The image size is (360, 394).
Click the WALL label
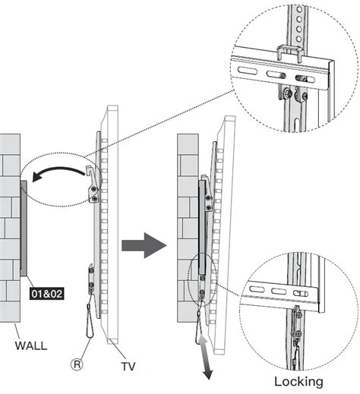[x=31, y=345]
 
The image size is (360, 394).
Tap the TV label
[x=128, y=366]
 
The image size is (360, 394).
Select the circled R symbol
[x=77, y=364]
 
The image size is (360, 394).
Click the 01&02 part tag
[x=47, y=294]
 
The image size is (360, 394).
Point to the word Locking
[x=298, y=381]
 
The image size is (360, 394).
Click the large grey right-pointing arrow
[x=144, y=245]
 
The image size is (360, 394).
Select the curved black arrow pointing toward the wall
[x=58, y=173]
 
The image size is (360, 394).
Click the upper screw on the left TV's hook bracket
[x=94, y=189]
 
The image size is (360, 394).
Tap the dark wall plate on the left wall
[x=24, y=229]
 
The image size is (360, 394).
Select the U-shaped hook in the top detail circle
[x=290, y=52]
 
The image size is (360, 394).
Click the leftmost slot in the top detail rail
[x=247, y=71]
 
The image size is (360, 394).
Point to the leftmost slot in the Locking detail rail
[x=257, y=289]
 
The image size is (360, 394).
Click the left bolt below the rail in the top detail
[x=287, y=93]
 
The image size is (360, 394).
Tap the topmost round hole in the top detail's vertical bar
[x=299, y=10]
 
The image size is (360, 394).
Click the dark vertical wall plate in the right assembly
[x=202, y=227]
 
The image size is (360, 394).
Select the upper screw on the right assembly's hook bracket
[x=208, y=198]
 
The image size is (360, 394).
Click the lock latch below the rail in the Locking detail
[x=296, y=320]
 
